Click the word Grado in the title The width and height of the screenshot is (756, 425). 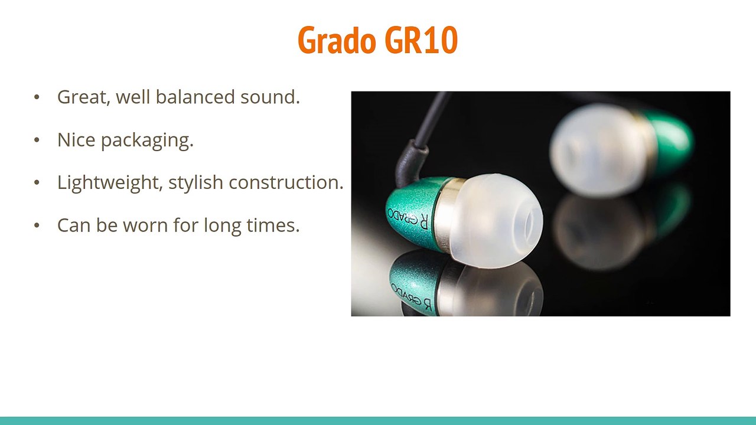coord(337,41)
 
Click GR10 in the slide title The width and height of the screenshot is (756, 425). coord(421,41)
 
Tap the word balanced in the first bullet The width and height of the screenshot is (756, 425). coord(195,97)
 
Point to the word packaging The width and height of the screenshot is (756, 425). coord(147,140)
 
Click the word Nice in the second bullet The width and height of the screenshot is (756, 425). coord(76,140)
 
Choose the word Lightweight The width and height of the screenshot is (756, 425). coord(110,183)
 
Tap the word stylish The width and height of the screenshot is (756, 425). coord(195,183)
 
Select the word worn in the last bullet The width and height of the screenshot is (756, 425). coord(145,225)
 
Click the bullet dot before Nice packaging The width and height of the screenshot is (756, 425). coord(37,140)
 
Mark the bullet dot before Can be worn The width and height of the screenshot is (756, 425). coord(37,225)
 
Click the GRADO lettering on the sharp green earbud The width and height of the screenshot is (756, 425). coord(408,218)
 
